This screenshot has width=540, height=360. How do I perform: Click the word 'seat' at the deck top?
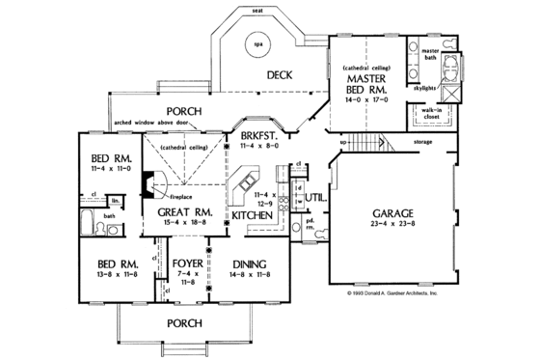(x=257, y=9)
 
